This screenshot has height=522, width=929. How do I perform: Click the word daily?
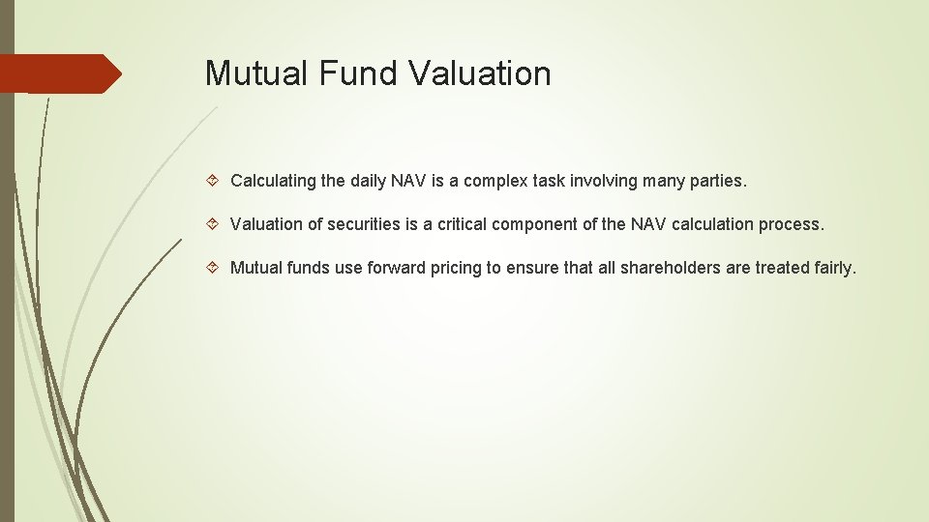tap(366, 181)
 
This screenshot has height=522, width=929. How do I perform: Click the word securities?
tap(367, 224)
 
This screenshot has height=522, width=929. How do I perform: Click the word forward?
tap(395, 268)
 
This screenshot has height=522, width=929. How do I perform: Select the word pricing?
tap(456, 268)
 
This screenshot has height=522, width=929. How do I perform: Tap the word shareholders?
tap(670, 268)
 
